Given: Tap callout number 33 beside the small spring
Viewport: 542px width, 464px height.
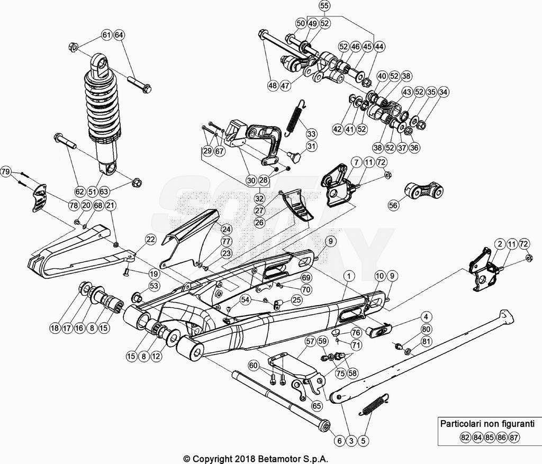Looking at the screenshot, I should (311, 134).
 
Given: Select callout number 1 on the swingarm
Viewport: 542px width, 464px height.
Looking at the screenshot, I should (348, 275).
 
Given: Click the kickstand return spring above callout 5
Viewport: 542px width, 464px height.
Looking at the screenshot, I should (375, 404).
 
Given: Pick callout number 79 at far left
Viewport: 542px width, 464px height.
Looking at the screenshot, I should (6, 172).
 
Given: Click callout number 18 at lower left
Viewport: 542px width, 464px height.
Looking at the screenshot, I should (55, 328).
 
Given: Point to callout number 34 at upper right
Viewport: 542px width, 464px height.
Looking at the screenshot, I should (443, 92).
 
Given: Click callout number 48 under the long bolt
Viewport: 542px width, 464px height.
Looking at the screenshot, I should (273, 85).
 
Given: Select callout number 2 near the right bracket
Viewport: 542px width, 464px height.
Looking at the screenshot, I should (499, 244).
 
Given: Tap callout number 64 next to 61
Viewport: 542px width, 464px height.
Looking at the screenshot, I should (119, 35).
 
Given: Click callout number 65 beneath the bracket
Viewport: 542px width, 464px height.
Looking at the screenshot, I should (317, 406).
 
